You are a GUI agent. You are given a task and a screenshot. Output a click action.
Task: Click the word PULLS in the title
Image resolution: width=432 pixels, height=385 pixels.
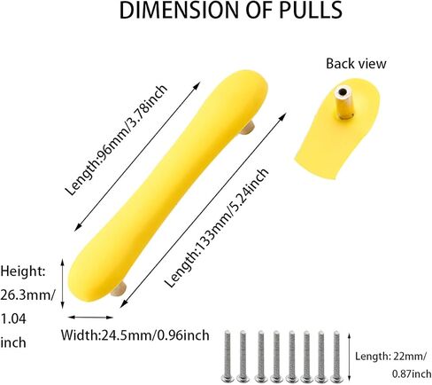click(311, 10)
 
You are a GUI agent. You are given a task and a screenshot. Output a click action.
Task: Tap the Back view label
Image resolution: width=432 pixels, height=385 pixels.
click(356, 64)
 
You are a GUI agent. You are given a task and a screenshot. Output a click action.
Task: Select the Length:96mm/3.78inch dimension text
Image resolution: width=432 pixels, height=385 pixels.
click(116, 140)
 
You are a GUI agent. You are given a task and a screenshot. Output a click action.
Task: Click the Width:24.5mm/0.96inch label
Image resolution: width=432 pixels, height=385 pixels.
click(135, 335)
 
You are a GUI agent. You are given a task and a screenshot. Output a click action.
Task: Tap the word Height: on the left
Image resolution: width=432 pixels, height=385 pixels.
click(23, 271)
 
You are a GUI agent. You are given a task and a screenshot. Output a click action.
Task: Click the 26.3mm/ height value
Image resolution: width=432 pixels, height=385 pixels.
click(28, 295)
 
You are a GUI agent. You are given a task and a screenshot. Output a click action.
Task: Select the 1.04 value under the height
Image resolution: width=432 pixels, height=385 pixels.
click(13, 318)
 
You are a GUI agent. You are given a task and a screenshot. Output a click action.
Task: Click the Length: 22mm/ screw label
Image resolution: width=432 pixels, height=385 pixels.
click(390, 357)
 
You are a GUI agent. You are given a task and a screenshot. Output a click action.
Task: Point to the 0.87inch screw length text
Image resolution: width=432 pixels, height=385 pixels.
click(412, 374)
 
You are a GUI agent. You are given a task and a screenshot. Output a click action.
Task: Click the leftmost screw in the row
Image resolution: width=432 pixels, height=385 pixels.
click(228, 356)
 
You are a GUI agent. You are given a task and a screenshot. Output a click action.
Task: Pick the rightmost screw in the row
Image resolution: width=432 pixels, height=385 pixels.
click(336, 357)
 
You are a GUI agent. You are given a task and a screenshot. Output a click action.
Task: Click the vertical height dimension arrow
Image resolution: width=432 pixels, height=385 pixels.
click(62, 284)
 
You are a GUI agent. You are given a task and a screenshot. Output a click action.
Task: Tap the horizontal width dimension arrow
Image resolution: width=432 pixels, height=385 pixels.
click(90, 318)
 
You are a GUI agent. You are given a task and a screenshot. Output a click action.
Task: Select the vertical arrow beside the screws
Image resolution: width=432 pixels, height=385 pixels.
click(350, 357)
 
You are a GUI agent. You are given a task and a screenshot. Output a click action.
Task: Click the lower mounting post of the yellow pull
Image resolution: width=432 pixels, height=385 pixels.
click(120, 289)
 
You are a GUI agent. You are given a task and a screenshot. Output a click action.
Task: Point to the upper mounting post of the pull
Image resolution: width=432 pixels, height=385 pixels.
click(247, 128)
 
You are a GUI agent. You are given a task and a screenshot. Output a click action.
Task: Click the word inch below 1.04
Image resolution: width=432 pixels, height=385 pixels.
click(13, 342)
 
